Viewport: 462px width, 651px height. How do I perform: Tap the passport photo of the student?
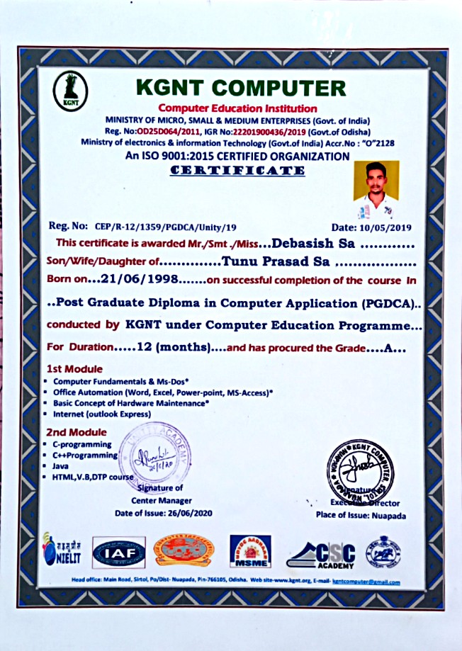tap(376, 189)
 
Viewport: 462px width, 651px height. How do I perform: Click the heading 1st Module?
tap(74, 369)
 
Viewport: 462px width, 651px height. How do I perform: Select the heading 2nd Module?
tap(76, 432)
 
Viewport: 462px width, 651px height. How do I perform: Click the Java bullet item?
tap(60, 466)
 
